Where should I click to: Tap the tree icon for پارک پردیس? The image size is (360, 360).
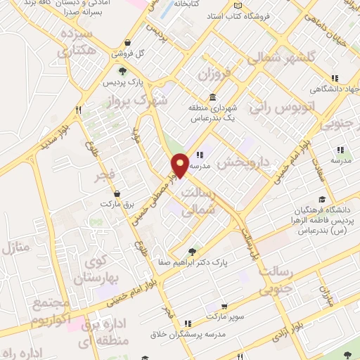123,71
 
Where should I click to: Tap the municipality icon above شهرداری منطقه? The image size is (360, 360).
212,97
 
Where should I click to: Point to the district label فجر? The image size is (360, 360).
105,175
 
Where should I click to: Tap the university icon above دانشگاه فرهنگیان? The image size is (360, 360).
321,200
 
